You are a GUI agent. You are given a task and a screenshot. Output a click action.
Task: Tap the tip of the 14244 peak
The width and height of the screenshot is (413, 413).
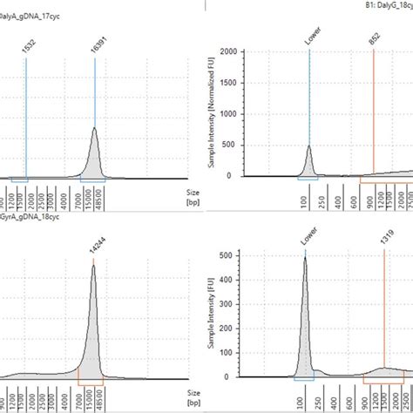pos(94,266)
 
